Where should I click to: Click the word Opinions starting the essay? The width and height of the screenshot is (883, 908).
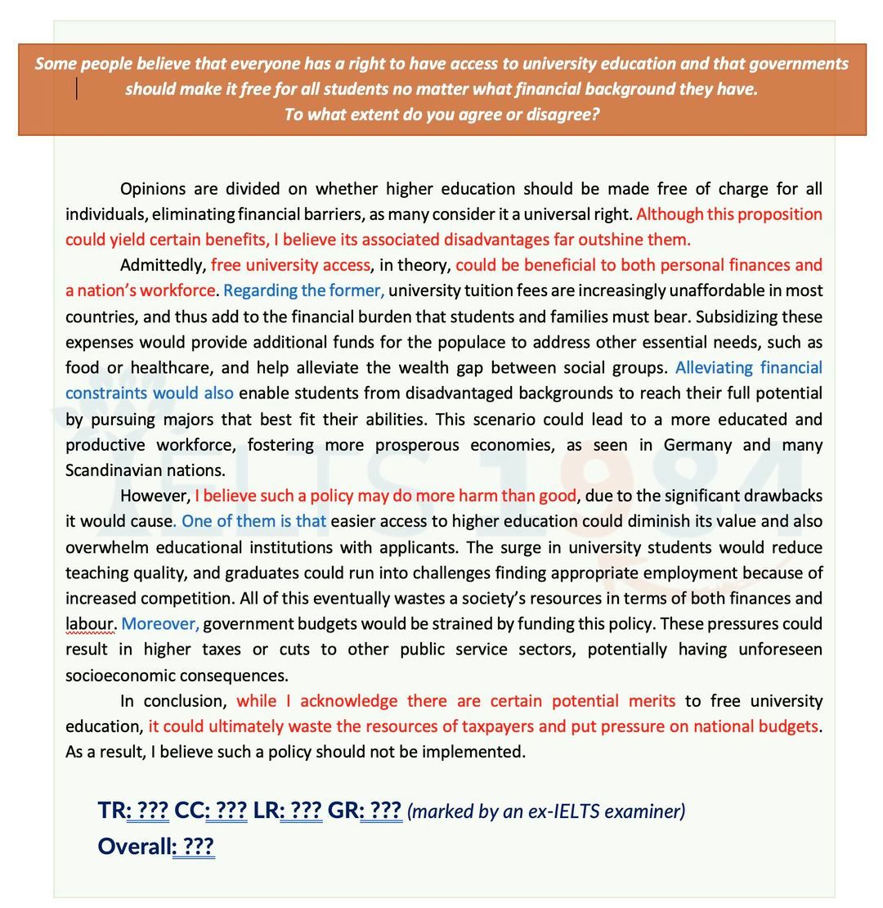click(x=152, y=189)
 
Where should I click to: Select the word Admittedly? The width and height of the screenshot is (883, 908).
click(x=162, y=265)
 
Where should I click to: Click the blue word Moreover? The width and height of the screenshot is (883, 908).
click(x=159, y=623)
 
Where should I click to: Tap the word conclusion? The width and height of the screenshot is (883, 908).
click(x=194, y=701)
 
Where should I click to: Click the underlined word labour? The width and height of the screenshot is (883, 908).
click(x=89, y=623)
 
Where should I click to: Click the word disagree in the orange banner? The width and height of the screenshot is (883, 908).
click(x=563, y=115)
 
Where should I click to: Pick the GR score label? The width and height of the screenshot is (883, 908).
click(x=343, y=811)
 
